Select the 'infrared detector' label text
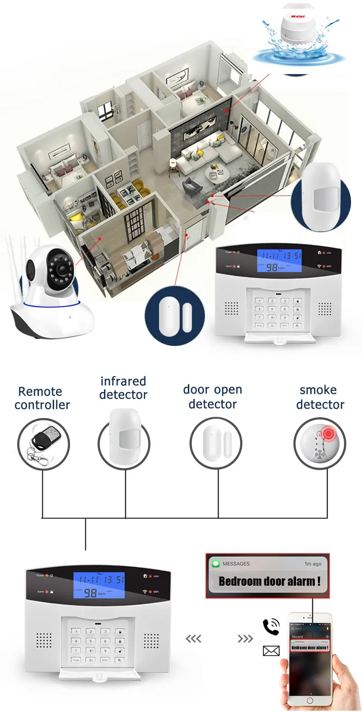[123, 388]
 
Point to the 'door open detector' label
[213, 397]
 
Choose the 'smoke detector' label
[320, 397]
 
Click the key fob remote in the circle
[42, 442]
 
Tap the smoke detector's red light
[328, 433]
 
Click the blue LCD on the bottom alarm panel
[99, 586]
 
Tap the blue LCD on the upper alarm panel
[279, 261]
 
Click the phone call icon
[270, 626]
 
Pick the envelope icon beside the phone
[271, 651]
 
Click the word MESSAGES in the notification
[236, 564]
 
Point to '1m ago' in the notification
[313, 564]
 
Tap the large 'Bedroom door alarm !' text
[269, 581]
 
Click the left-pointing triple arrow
[193, 639]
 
